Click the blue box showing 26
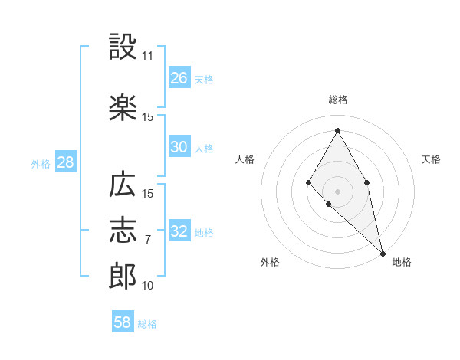tap(179, 78)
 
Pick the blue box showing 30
tap(179, 147)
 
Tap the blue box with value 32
tap(179, 231)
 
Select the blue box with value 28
tap(65, 162)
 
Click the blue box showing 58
tap(123, 322)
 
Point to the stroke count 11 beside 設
tap(147, 57)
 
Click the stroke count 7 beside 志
tap(147, 240)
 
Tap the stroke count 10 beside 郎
tap(147, 286)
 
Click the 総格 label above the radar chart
tap(337, 100)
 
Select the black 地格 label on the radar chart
tap(402, 262)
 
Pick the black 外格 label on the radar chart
tap(270, 262)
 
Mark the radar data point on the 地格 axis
tap(382, 252)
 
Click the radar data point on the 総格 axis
tap(337, 130)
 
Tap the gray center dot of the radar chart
tap(337, 191)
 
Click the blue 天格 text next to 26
tap(203, 79)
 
